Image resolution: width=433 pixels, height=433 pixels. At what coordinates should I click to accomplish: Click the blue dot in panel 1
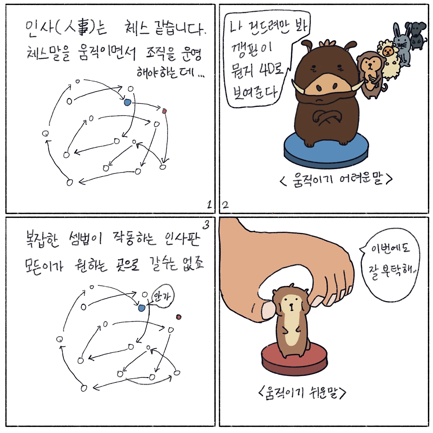[127, 102]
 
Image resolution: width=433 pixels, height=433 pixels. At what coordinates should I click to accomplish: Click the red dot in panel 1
[164, 111]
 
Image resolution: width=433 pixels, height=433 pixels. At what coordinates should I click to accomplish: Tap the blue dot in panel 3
[141, 308]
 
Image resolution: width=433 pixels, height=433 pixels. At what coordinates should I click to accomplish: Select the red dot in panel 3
[179, 317]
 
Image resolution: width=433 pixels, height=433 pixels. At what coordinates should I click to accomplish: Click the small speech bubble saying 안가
[162, 296]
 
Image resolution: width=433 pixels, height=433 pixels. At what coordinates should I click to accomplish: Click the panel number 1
[209, 204]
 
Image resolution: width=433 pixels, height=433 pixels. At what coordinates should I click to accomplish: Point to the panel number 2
[225, 205]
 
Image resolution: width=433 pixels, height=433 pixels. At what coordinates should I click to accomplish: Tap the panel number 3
[206, 225]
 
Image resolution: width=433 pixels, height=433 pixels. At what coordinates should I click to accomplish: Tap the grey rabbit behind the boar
[402, 45]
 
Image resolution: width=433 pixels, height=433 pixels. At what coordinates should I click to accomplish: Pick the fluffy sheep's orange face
[388, 52]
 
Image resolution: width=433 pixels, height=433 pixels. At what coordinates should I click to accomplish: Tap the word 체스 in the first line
[136, 28]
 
